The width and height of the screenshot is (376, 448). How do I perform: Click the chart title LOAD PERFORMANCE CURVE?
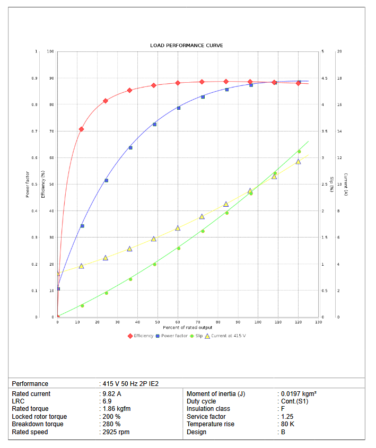186,46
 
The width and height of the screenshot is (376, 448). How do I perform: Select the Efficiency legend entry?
143,336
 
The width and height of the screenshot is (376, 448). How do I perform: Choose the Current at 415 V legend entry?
229,336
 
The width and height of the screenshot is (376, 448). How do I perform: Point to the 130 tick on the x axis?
318,322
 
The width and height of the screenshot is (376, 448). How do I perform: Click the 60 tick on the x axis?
178,322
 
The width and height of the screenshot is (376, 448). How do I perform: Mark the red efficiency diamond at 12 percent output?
81,129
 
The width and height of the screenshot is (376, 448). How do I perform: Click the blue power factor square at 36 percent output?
130,147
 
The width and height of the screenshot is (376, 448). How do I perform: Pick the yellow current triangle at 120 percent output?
298,162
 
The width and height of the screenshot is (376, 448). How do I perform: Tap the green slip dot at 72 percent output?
203,231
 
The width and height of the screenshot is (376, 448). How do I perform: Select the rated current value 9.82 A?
112,394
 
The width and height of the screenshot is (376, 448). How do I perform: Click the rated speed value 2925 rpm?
116,432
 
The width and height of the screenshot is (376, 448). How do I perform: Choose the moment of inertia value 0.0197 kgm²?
299,394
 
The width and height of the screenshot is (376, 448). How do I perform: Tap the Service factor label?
206,417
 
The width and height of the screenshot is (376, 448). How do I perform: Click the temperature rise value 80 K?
287,424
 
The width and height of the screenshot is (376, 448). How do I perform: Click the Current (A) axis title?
346,185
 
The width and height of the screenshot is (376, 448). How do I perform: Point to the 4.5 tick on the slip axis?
325,78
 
